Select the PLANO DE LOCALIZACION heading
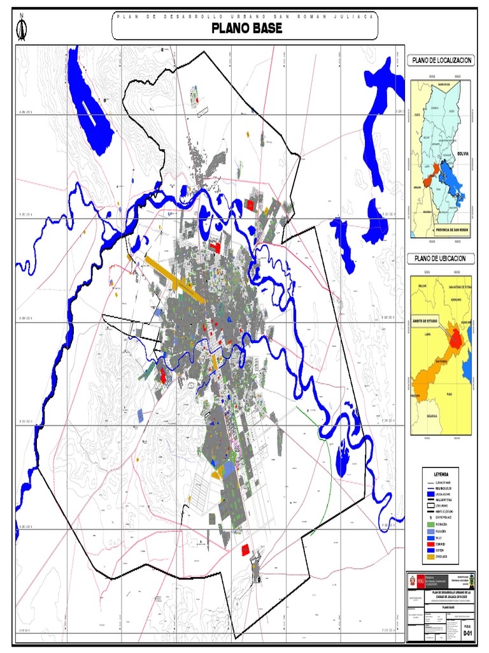click(441, 60)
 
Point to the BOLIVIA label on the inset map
click(462, 154)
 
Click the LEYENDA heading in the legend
click(441, 474)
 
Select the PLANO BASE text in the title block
click(440, 608)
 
